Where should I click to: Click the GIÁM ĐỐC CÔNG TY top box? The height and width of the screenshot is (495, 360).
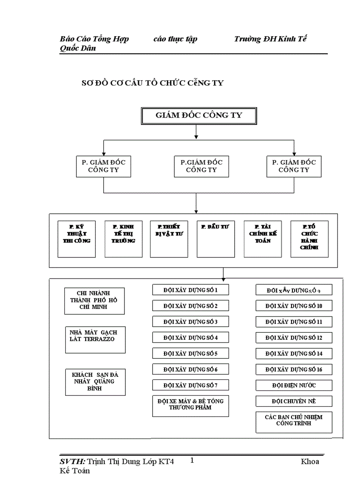199,116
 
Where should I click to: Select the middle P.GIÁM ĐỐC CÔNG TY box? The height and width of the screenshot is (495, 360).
201,166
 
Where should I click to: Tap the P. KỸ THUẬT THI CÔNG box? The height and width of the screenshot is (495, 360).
77,238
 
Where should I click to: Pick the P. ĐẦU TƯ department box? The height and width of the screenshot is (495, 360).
216,238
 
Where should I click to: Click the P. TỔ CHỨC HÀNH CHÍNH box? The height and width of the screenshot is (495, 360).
309,238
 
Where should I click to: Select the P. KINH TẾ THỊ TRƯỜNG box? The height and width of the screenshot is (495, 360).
124,238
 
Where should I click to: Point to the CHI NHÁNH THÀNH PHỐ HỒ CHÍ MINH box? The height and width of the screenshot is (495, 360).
94,301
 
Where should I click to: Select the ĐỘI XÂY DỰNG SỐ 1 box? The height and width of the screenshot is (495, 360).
191,290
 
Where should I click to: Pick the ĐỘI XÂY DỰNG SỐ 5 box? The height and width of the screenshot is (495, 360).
191,354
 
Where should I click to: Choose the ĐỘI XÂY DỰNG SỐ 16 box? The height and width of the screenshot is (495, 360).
294,369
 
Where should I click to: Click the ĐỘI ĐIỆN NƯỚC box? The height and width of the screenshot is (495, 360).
294,385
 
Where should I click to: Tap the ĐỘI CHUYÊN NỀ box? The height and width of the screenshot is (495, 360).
294,401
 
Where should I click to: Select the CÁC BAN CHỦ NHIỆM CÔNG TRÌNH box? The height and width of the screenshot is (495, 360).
294,422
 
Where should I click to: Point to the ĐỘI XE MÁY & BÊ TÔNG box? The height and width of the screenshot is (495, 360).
191,406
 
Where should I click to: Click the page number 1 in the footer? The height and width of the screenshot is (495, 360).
192,461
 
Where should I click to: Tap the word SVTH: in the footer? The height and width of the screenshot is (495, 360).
72,462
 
